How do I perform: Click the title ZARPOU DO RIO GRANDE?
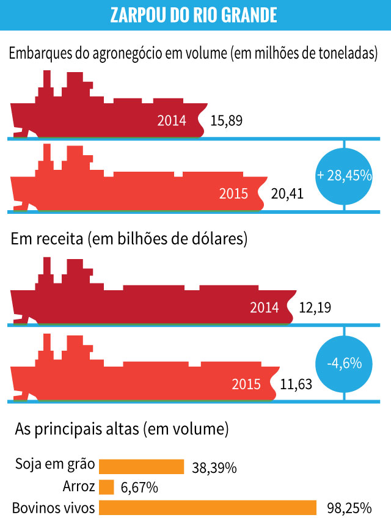tap(194, 15)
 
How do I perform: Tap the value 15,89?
tap(227, 120)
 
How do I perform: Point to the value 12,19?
tap(315, 307)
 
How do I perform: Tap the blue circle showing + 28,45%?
tap(344, 175)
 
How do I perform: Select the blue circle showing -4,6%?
tap(344, 364)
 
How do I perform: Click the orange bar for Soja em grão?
tap(141, 467)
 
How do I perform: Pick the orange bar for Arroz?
tap(106, 487)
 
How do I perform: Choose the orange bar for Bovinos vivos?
tap(208, 508)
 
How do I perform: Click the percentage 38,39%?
tap(214, 468)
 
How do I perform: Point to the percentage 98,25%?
tap(349, 508)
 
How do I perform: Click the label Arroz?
tap(79, 487)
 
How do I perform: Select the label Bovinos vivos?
tap(53, 508)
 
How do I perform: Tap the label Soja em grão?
tap(55, 465)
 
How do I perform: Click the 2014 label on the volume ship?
tap(171, 120)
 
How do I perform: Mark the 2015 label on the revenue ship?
tap(246, 384)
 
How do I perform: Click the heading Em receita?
tap(129, 239)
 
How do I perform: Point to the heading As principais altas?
tap(122, 429)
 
